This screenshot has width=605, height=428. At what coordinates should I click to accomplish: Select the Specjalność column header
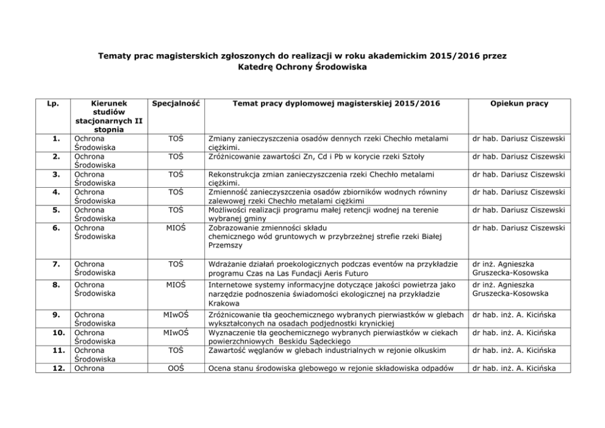[176, 103]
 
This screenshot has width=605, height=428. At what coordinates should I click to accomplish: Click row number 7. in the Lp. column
[55, 264]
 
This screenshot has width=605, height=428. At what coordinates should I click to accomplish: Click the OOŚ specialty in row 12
[176, 368]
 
